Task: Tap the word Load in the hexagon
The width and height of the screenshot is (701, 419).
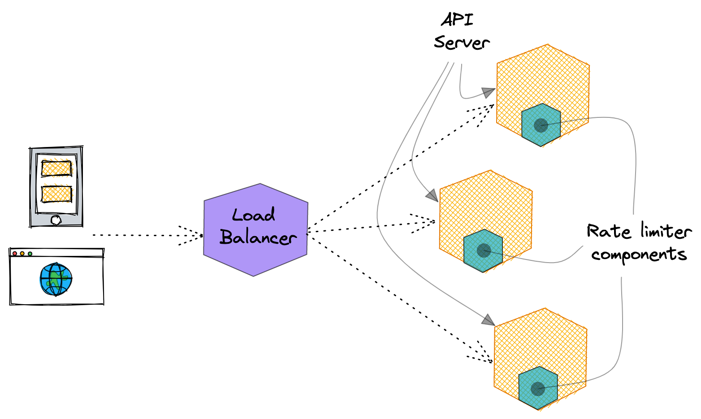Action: pos(253,216)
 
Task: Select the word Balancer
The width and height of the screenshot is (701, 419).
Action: pos(258,238)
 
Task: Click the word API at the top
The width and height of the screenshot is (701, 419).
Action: pos(457,20)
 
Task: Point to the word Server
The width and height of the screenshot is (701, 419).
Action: pos(461,43)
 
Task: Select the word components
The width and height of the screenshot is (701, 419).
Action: pos(639,255)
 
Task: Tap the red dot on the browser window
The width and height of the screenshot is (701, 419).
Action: pos(15,254)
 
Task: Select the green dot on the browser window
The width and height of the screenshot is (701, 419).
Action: pos(30,254)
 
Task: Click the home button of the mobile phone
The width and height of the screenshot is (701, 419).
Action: pos(56,220)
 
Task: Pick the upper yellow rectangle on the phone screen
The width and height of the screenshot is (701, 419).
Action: pos(56,168)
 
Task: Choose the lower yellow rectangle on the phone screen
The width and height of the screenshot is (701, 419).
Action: pos(56,194)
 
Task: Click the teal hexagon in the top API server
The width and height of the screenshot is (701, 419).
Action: pos(541,125)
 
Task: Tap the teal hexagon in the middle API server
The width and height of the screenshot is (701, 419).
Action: pos(483,251)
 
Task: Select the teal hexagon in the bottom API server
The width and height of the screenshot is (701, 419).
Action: pos(538,388)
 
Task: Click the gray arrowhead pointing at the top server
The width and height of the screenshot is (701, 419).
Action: pos(488,92)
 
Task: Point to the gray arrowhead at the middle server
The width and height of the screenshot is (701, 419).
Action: pos(432,195)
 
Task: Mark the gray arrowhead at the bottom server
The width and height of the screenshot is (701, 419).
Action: pos(488,320)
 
